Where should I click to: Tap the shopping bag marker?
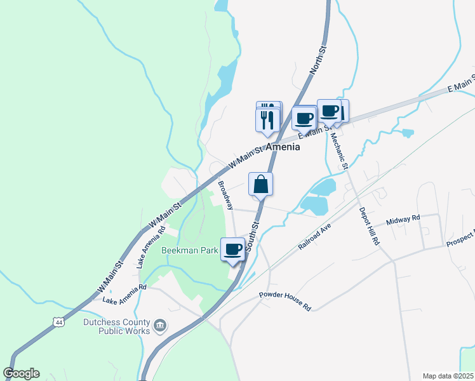[260, 185]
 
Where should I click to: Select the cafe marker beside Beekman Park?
[233, 249]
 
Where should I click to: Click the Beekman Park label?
[189, 250]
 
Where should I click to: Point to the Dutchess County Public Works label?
[117, 326]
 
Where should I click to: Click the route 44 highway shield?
[59, 323]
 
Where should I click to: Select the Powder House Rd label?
[285, 300]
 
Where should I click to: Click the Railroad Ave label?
[316, 236]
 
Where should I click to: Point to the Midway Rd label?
[404, 219]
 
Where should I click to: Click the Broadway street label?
[226, 194]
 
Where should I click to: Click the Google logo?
[21, 373]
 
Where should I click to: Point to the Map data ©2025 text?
[448, 376]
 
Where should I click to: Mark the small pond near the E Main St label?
[407, 133]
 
